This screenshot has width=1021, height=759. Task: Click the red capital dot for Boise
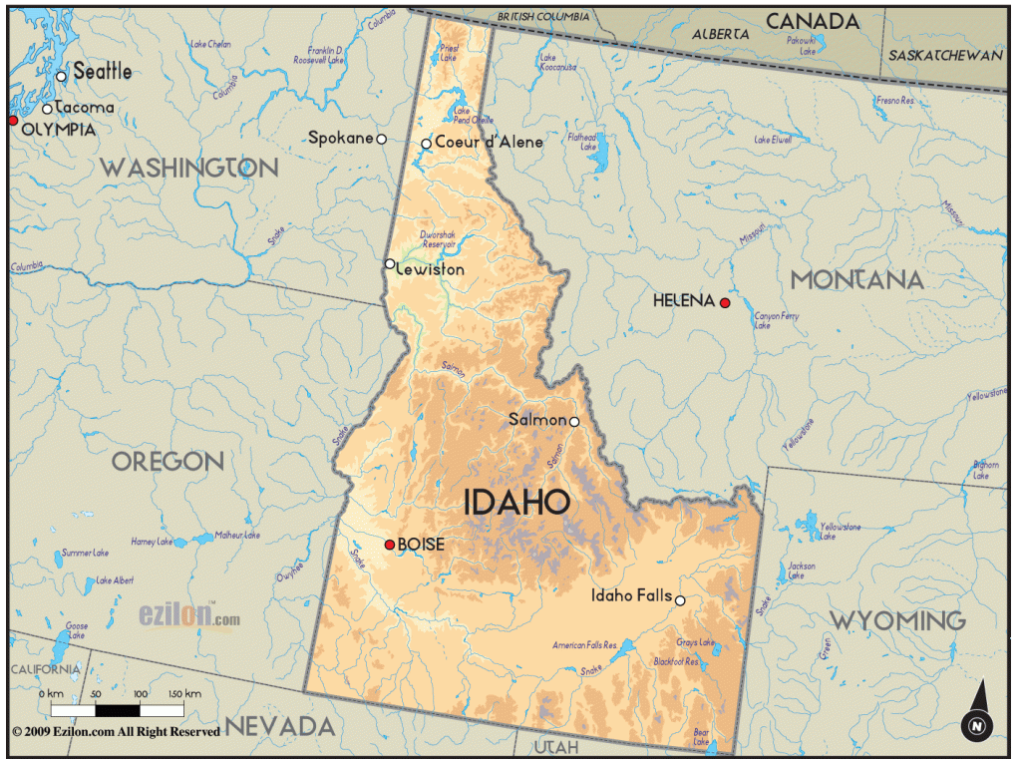(x=390, y=545)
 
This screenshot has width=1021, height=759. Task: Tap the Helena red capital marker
(x=725, y=302)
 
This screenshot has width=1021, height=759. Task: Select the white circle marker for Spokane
(x=381, y=139)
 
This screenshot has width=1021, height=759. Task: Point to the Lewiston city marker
(x=390, y=263)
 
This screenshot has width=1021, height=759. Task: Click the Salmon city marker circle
(x=574, y=421)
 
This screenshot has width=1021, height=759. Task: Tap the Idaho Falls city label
(x=631, y=595)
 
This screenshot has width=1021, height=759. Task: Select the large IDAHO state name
(x=516, y=502)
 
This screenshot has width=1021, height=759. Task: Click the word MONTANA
(x=856, y=279)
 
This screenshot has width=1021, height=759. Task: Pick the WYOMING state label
(x=898, y=620)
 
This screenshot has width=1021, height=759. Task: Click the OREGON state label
(x=168, y=461)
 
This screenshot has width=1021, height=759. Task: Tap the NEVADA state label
(x=278, y=725)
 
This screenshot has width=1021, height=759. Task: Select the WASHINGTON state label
(x=188, y=168)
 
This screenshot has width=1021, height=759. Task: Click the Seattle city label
(x=103, y=72)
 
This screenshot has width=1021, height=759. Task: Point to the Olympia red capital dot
(x=13, y=120)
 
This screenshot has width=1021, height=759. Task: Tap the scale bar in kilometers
(x=118, y=710)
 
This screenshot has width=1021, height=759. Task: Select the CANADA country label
(x=812, y=21)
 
